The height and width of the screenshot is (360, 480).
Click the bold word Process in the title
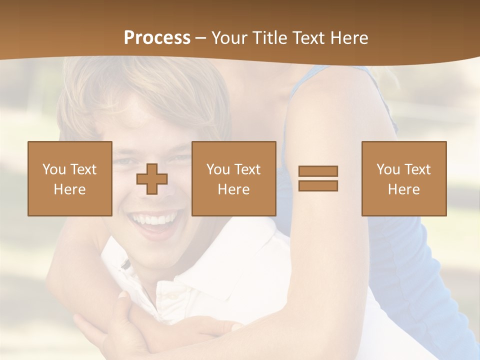click(157, 38)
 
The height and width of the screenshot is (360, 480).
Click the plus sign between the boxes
click(152, 179)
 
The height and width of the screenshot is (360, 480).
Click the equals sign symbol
click(318, 178)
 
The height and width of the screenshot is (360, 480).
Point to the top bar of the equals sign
click(318, 171)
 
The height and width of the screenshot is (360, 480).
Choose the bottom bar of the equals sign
click(318, 185)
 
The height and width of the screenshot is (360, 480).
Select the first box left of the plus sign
click(69, 178)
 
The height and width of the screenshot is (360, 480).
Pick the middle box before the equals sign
click(233, 178)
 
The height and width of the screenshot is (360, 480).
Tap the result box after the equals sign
click(403, 178)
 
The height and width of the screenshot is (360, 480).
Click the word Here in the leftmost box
click(69, 189)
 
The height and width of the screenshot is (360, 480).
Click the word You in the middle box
click(218, 169)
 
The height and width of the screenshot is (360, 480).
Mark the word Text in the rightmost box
click(417, 169)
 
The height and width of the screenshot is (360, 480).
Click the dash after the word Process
click(201, 38)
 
